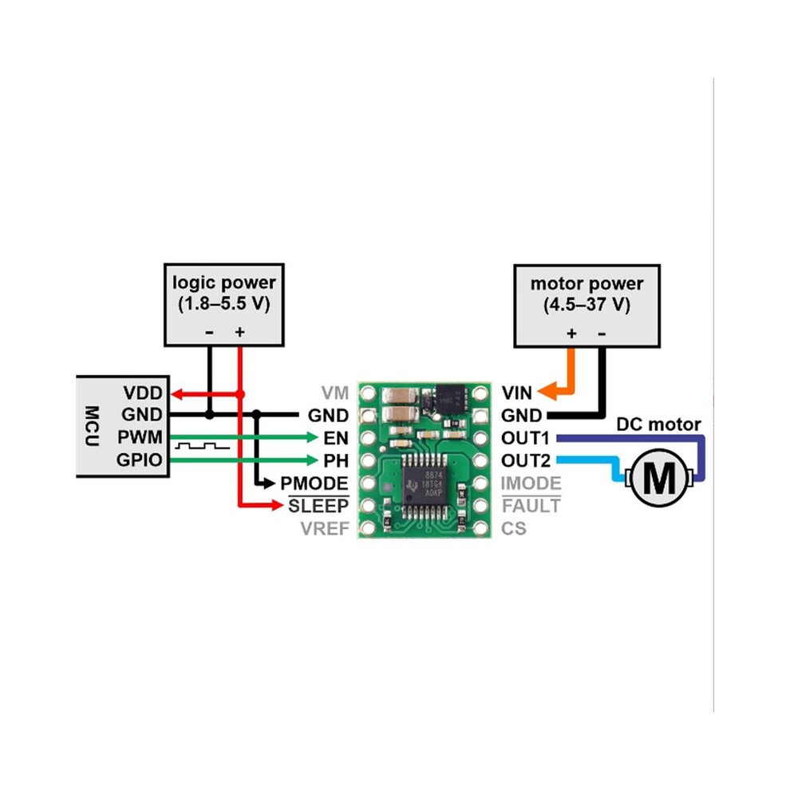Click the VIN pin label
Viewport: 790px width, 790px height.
(516, 393)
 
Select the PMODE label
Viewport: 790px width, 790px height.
(314, 484)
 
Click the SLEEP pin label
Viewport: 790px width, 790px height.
(318, 506)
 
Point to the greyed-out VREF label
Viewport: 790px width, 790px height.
(325, 528)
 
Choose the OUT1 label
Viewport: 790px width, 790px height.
(526, 438)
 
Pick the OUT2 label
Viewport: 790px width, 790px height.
(526, 460)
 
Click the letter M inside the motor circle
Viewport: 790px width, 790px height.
(658, 479)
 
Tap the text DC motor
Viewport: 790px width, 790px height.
(658, 425)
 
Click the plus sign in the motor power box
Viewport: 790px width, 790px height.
(571, 333)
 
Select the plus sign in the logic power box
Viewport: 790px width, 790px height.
(240, 331)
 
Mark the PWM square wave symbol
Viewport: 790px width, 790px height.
(202, 446)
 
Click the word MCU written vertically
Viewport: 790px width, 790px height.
(92, 426)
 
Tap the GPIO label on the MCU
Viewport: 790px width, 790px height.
(140, 460)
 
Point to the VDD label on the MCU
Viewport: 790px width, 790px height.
(143, 393)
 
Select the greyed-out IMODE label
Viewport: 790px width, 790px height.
(531, 484)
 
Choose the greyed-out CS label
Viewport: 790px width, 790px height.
(513, 528)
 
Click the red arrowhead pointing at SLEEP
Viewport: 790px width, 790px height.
(278, 504)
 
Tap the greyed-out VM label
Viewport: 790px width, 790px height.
(334, 393)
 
